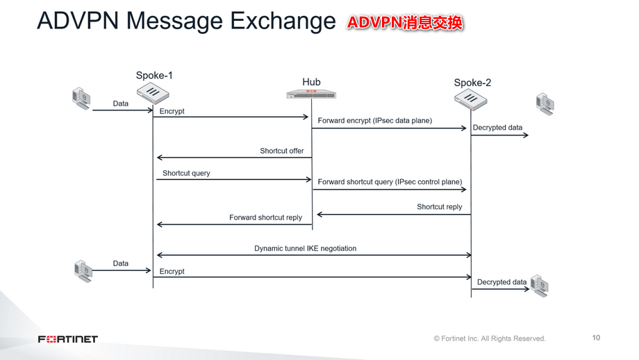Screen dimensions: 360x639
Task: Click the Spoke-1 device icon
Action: [x=153, y=93]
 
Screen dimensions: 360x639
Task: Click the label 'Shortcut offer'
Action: [x=281, y=151]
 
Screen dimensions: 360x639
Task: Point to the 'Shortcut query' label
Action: [x=186, y=173]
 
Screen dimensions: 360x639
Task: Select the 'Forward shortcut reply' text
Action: [x=265, y=218]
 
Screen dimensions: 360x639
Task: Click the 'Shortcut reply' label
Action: [x=439, y=207]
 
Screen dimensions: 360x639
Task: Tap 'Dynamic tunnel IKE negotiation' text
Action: [x=305, y=248]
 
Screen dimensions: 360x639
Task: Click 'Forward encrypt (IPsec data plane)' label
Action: [x=375, y=121]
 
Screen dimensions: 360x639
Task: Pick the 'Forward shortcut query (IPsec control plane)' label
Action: [x=390, y=182]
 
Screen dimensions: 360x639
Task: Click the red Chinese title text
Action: [x=405, y=23]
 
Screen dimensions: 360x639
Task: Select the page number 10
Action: [x=596, y=338]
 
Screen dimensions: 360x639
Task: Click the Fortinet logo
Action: [x=67, y=339]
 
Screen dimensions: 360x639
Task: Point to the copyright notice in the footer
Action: [x=490, y=338]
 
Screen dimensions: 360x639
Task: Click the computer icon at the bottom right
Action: [x=540, y=285]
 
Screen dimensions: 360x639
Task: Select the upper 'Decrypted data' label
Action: [x=497, y=128]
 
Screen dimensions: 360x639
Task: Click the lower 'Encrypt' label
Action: [x=172, y=271]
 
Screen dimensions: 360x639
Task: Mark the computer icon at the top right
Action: [x=545, y=104]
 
